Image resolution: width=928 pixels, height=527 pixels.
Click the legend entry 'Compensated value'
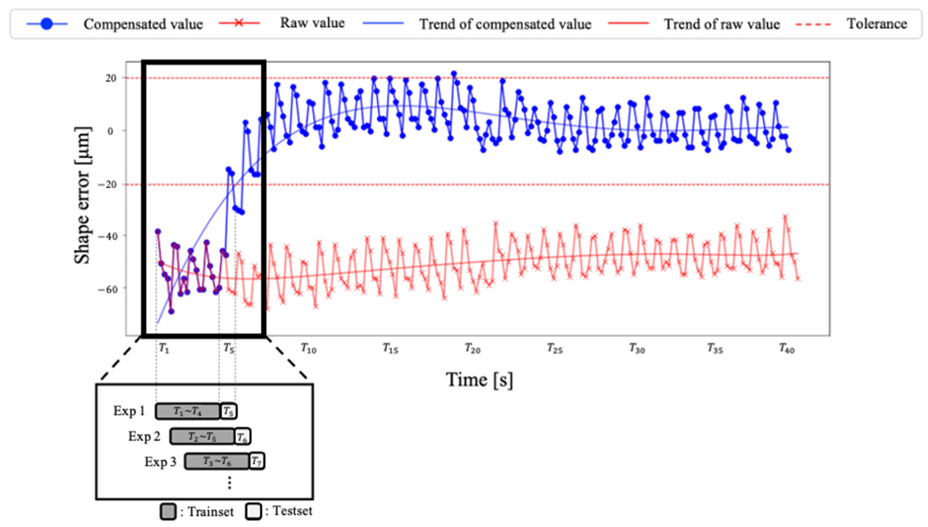(x=143, y=24)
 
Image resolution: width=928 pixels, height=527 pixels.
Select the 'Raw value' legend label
(x=312, y=23)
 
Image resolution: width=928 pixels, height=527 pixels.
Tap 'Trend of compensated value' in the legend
(x=505, y=24)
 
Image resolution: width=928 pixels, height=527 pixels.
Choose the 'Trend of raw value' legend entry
(x=722, y=24)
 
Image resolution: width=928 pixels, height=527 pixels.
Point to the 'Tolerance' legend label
(x=876, y=24)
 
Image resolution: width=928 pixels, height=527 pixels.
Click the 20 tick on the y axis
(x=111, y=78)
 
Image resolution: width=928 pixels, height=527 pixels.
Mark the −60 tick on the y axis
(x=107, y=289)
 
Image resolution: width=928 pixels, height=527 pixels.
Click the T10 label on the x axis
(x=308, y=348)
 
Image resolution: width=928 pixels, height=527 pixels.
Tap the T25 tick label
(x=554, y=348)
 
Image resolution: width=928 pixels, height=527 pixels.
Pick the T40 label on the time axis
(x=787, y=348)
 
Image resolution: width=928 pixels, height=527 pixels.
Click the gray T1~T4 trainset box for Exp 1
(x=187, y=411)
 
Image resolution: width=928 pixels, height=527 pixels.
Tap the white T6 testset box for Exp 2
(x=243, y=437)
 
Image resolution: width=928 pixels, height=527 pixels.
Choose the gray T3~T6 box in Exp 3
(x=217, y=462)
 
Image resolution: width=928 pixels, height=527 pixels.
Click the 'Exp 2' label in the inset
(x=144, y=436)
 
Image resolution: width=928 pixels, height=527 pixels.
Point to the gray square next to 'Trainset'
(x=168, y=511)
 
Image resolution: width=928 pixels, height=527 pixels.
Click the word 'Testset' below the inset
(x=292, y=511)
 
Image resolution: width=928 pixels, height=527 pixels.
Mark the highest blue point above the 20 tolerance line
(x=454, y=74)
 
